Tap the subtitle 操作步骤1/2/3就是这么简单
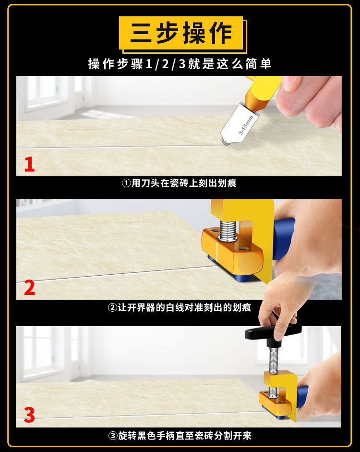[180, 64]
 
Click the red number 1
[29, 164]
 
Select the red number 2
[29, 287]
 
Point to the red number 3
[29, 415]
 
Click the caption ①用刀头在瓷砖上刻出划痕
[179, 183]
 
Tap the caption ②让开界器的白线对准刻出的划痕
[179, 307]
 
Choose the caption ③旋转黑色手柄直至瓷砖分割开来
[180, 436]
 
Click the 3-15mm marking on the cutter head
[246, 125]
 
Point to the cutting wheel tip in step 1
[226, 142]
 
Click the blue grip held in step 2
[283, 239]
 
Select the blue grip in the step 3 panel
[302, 397]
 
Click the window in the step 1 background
[46, 93]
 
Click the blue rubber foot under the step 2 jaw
[243, 278]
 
